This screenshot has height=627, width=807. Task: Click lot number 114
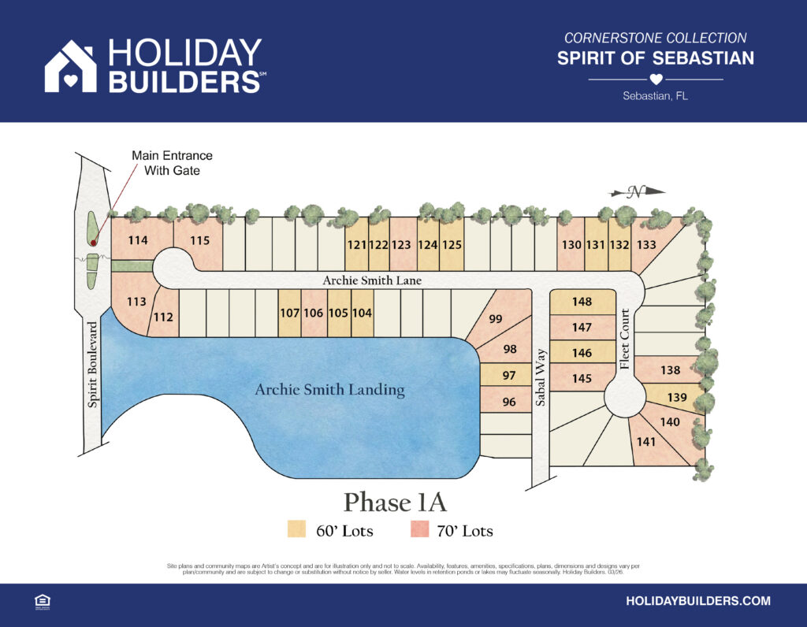138,240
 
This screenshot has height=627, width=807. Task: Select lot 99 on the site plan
496,319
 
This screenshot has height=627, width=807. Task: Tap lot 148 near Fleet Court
582,302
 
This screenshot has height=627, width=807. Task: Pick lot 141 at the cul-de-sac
646,442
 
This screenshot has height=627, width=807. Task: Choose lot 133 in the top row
646,245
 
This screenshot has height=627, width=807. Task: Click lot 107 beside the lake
289,313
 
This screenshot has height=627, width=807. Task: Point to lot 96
509,403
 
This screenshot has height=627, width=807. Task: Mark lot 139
678,397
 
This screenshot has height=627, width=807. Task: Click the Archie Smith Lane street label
372,280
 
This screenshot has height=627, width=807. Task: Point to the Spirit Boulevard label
93,364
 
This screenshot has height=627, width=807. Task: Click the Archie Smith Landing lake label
329,389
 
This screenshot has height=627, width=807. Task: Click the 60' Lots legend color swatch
297,530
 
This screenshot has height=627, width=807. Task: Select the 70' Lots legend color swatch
419,530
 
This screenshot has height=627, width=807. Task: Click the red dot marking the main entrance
93,243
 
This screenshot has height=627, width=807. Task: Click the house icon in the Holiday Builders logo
70,67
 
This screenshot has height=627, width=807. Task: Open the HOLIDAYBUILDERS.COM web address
697,601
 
